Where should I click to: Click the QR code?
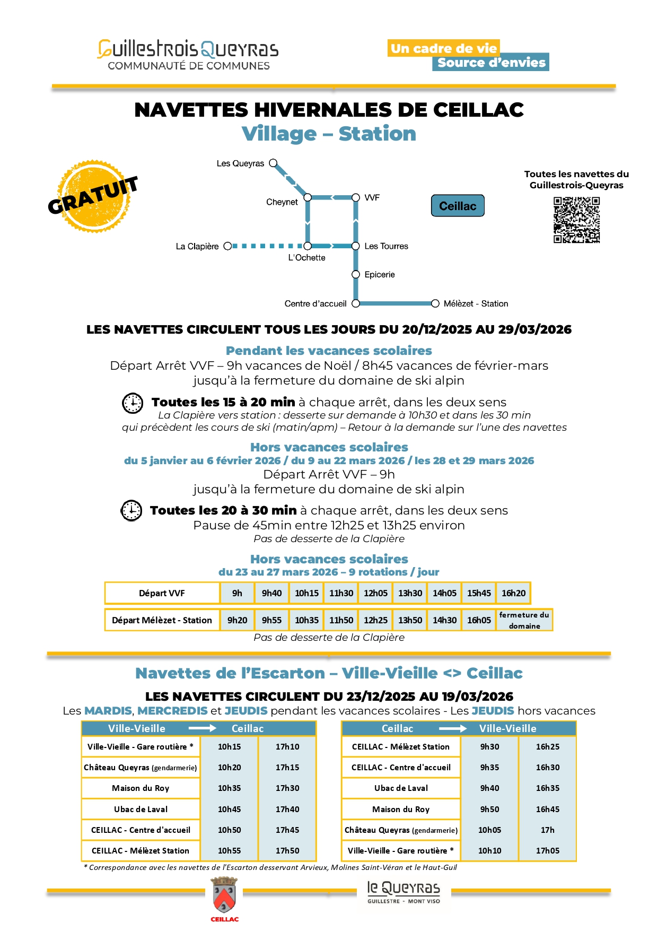[576, 220]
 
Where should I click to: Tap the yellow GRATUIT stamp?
[94, 196]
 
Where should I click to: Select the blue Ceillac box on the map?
[458, 206]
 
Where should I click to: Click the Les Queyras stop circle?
[273, 163]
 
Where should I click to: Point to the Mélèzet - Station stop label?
[476, 303]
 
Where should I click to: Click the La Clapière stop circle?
[227, 246]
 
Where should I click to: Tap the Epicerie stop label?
[380, 274]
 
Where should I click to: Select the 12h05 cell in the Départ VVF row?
[375, 593]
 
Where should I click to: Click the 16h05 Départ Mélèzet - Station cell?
[479, 620]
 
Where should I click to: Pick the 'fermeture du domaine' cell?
[524, 620]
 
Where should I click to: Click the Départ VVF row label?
[162, 593]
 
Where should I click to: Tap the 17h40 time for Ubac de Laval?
[287, 809]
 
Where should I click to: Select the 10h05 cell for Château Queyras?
[489, 830]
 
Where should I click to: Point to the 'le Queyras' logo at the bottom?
[403, 891]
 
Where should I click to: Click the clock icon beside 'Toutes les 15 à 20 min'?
[133, 403]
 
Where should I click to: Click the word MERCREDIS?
[172, 710]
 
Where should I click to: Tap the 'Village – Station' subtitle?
[329, 134]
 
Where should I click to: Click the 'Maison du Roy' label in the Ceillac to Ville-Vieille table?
[401, 809]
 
